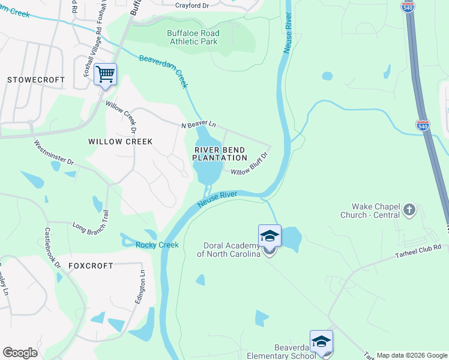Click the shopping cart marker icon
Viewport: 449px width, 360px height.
[x=105, y=75]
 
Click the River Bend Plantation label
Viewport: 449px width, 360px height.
[x=220, y=153]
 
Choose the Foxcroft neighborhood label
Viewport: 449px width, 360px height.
[x=91, y=265]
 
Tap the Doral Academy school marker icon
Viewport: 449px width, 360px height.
[x=270, y=237]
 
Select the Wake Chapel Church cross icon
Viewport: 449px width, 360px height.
[x=409, y=209]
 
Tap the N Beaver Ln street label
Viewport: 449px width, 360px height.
[x=199, y=125]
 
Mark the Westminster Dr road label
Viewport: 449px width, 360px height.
[x=54, y=153]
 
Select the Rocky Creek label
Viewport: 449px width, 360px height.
[x=157, y=245]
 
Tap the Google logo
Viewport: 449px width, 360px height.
[x=20, y=353]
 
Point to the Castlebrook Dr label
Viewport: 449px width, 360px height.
[x=53, y=247]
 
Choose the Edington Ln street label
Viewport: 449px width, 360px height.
[x=141, y=287]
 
